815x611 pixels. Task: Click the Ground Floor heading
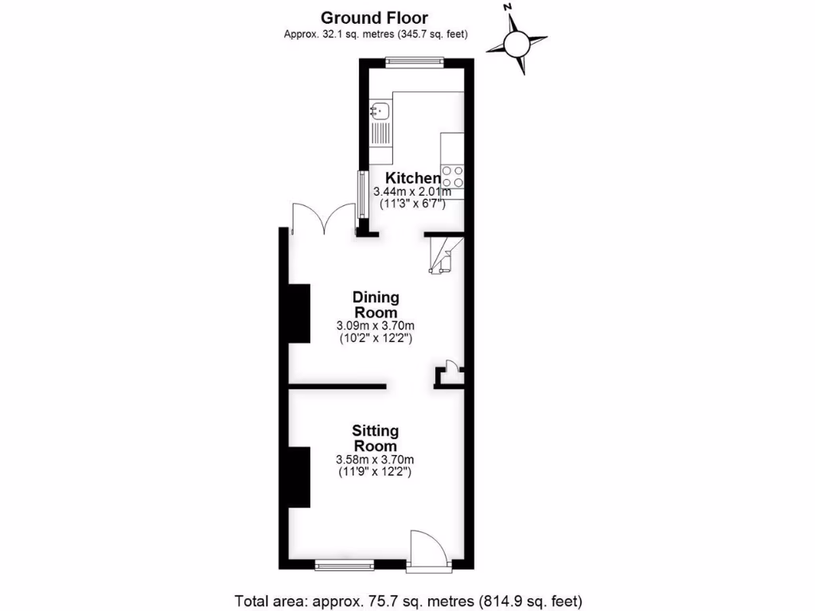[374, 17]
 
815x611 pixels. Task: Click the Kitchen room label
[412, 178]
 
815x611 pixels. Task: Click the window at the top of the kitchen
[415, 59]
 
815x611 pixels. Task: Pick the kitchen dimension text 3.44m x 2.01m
[413, 191]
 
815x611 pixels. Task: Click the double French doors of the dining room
[323, 220]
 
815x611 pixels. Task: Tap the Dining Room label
[376, 305]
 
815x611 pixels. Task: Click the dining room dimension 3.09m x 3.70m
[376, 325]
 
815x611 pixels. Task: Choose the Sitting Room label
[376, 438]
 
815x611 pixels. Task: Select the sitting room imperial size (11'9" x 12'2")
[376, 472]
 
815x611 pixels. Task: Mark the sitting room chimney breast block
[299, 477]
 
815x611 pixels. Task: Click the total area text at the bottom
[407, 600]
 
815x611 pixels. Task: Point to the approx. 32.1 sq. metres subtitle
[375, 34]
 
